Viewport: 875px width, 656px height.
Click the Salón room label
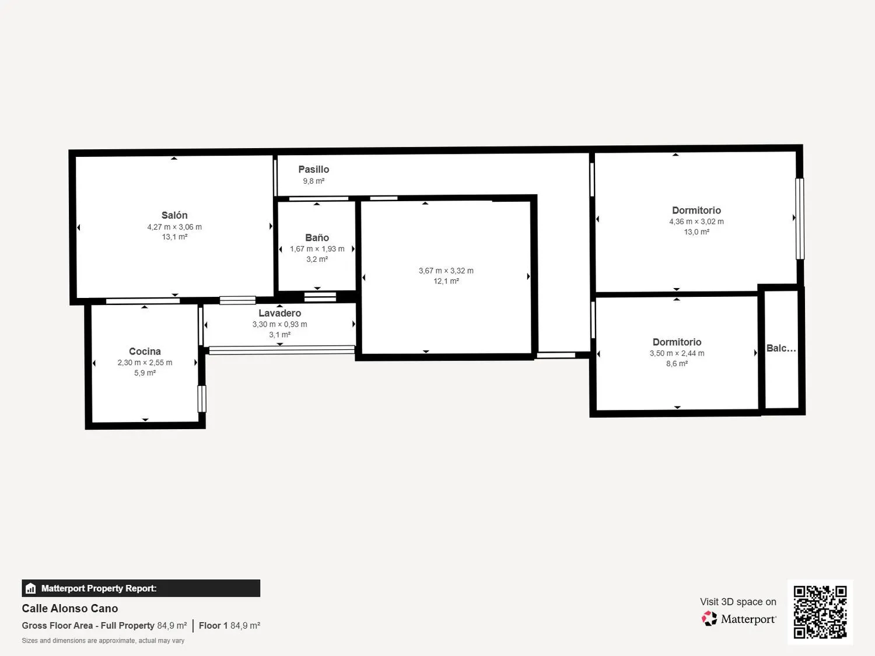click(174, 215)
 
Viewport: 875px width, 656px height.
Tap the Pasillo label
click(314, 169)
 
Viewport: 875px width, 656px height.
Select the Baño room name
click(317, 238)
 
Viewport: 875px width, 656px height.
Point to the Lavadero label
click(279, 313)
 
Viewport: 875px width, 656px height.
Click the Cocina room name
click(145, 351)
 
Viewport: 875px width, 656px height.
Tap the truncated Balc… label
click(781, 348)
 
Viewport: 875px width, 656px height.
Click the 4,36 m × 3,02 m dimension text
click(696, 222)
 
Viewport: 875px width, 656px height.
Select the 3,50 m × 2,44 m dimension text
click(677, 353)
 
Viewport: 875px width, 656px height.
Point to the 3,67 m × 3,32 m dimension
click(446, 271)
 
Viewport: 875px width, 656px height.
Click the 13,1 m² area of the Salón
click(174, 237)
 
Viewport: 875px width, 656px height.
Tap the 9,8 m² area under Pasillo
click(314, 181)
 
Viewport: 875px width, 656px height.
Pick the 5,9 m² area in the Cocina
click(145, 373)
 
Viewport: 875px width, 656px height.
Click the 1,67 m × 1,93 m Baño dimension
click(317, 249)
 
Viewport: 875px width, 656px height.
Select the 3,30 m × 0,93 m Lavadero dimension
click(279, 324)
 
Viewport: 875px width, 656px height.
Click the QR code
click(820, 612)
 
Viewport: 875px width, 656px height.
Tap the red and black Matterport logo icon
click(709, 619)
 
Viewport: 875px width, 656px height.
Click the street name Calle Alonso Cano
click(70, 609)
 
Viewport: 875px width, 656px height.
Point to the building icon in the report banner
click(31, 588)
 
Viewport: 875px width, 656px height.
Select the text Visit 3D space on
click(738, 602)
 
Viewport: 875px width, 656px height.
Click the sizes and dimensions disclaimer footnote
click(103, 640)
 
